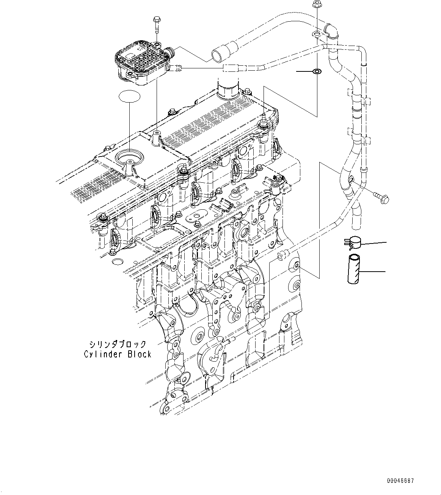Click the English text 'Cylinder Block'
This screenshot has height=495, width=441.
pyautogui.click(x=117, y=354)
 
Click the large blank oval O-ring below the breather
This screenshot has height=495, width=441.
pyautogui.click(x=129, y=98)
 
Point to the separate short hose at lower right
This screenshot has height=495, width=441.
pyautogui.click(x=353, y=269)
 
